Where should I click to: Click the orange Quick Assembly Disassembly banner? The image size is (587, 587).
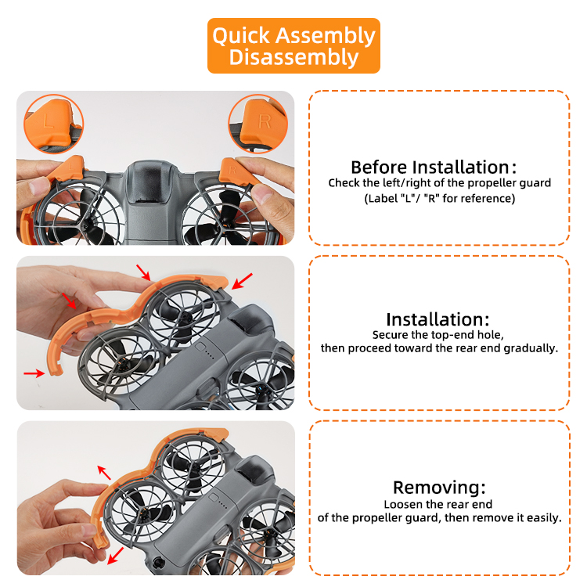(293, 45)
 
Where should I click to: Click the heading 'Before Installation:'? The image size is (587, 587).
(434, 167)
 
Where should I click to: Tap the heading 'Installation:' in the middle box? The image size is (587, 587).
(438, 319)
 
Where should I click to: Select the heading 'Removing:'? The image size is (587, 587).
(439, 488)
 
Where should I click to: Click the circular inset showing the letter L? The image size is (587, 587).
(53, 124)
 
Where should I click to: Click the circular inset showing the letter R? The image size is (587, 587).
(258, 124)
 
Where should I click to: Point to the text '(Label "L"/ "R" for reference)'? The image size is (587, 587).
(440, 199)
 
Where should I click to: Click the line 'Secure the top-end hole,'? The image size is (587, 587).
(438, 335)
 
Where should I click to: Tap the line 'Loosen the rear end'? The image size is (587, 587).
(438, 504)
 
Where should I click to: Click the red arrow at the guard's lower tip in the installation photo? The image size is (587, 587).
(34, 373)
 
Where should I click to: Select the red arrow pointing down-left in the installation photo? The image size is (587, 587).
(242, 281)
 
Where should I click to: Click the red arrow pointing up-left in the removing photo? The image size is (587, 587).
(103, 473)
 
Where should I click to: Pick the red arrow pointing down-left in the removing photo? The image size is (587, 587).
(115, 556)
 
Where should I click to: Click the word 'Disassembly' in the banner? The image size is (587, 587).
(293, 57)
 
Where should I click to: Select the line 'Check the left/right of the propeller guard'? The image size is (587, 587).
(440, 182)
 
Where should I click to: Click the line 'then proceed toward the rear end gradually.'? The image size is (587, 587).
(439, 348)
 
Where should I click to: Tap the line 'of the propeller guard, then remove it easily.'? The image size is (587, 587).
(440, 518)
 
